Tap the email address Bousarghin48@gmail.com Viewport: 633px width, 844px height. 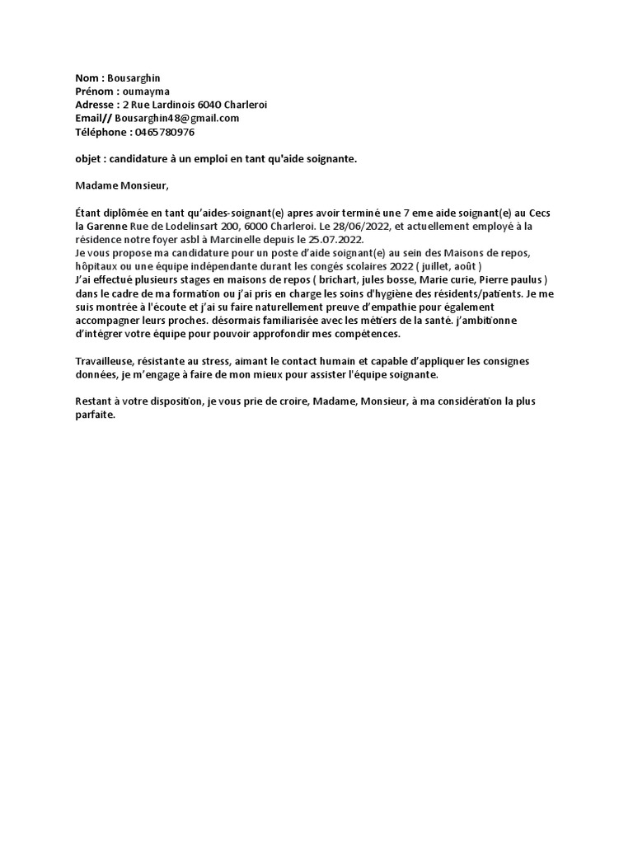click(x=179, y=118)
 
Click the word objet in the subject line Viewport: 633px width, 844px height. click(x=87, y=158)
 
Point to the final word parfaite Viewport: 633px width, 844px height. click(x=96, y=415)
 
